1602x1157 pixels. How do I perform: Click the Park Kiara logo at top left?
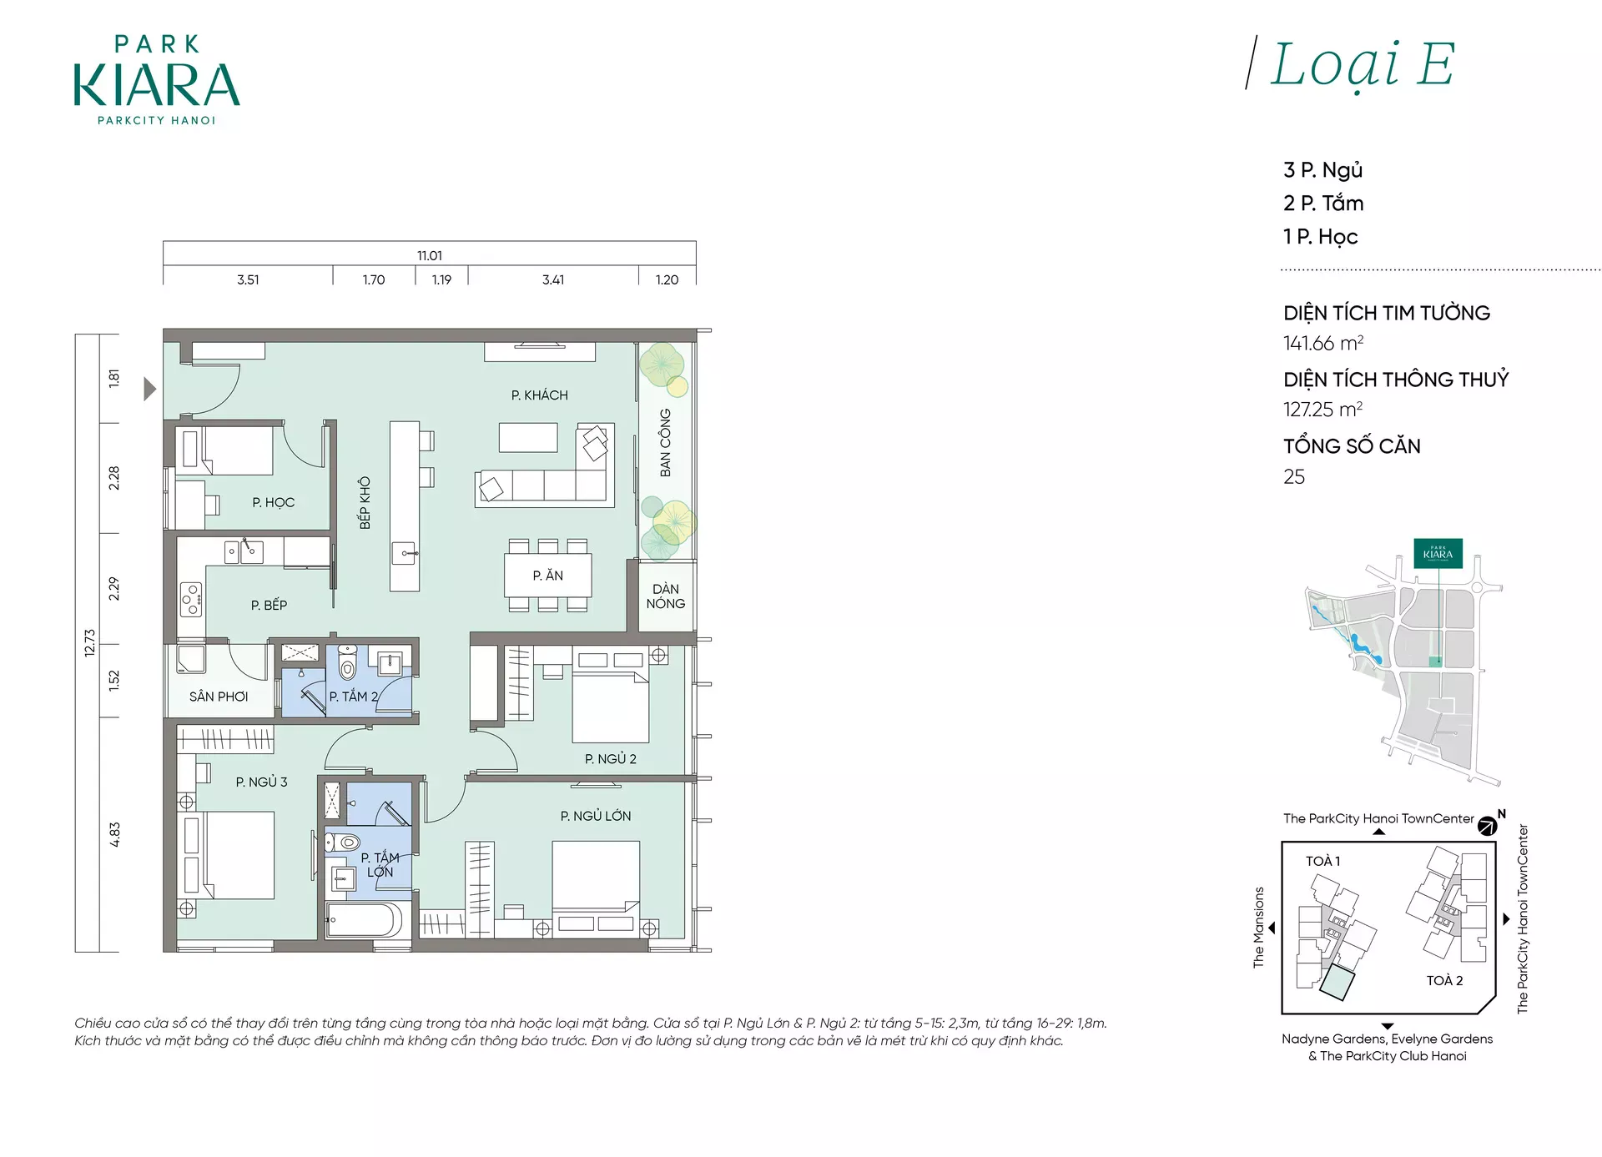point(157,80)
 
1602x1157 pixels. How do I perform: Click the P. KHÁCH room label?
point(540,395)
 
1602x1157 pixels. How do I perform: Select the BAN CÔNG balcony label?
point(665,443)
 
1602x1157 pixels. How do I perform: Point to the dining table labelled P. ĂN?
point(548,576)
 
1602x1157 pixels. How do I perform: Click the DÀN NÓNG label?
point(666,596)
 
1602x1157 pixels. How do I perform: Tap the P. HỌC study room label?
point(274,502)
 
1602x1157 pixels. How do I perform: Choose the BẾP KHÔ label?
point(365,503)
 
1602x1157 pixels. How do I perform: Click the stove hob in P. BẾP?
point(191,600)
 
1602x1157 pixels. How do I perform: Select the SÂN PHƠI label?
point(219,697)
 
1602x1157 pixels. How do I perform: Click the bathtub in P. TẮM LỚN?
point(365,921)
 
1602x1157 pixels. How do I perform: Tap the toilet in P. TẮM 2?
point(347,663)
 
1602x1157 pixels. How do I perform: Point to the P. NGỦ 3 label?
point(261,782)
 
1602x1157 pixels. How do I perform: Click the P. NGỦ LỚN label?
point(596,816)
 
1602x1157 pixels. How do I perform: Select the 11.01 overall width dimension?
point(430,255)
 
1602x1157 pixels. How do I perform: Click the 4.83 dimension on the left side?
point(114,835)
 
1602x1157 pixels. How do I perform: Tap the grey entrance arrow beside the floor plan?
point(150,389)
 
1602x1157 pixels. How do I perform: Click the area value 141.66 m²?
point(1323,343)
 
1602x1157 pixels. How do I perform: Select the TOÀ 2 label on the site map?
point(1444,981)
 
